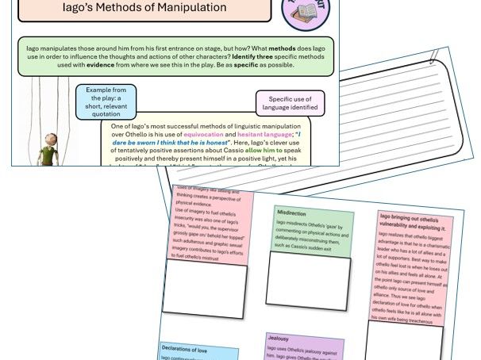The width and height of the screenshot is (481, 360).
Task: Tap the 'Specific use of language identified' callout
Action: click(291, 102)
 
